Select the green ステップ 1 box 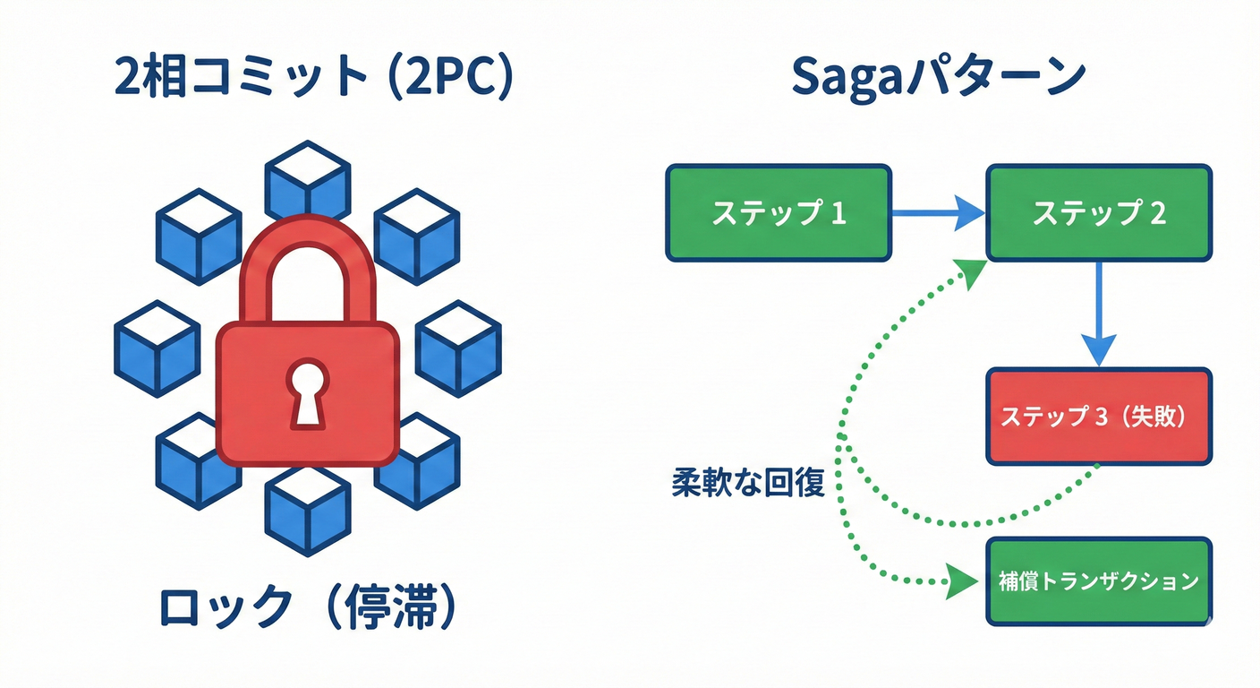[779, 213]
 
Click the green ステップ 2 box [1099, 213]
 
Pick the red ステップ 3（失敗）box [1099, 417]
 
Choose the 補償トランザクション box [1099, 580]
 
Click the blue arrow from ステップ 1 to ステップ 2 [940, 213]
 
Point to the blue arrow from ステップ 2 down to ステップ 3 [1099, 314]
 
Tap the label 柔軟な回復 [747, 483]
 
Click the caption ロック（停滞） [309, 609]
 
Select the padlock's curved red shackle [308, 260]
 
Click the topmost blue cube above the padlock [308, 179]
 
